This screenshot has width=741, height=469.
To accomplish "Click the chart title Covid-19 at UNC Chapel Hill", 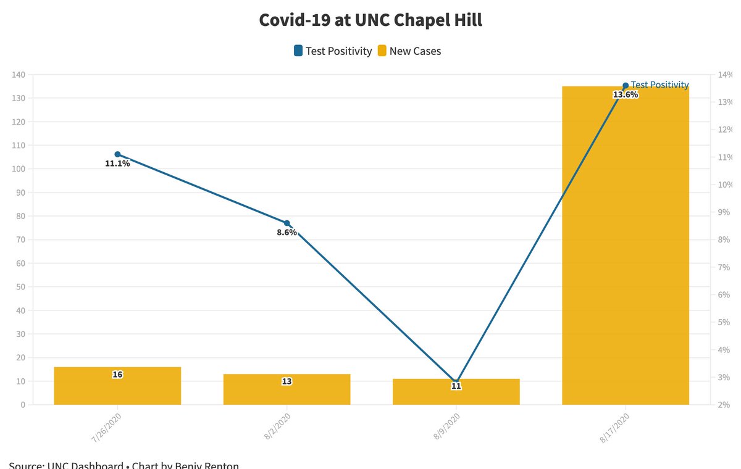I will (x=371, y=20).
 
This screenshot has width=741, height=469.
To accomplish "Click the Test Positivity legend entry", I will (x=333, y=51).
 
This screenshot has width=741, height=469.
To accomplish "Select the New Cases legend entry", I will (x=409, y=51).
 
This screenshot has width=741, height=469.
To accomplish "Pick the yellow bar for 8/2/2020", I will (x=287, y=392).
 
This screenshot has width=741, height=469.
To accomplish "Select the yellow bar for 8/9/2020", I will (x=456, y=395).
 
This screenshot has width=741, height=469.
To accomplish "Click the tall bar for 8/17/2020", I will (x=625, y=247).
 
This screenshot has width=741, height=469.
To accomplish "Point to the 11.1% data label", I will (x=117, y=164).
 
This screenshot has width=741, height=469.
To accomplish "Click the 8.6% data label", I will (x=287, y=233).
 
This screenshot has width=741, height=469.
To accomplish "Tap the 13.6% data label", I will (x=625, y=95).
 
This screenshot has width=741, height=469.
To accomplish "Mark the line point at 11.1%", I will (x=117, y=154).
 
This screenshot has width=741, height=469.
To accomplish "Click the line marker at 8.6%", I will (x=287, y=223).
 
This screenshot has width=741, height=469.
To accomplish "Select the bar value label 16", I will (x=117, y=375).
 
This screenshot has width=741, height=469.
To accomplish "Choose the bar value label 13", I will (x=287, y=381).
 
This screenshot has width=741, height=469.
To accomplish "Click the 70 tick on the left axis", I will (x=19, y=240).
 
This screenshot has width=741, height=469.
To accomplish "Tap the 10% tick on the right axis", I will (x=723, y=185).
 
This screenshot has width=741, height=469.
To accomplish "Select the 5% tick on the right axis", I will (x=723, y=322).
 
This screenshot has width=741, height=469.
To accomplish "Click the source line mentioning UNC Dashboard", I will (x=124, y=465).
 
